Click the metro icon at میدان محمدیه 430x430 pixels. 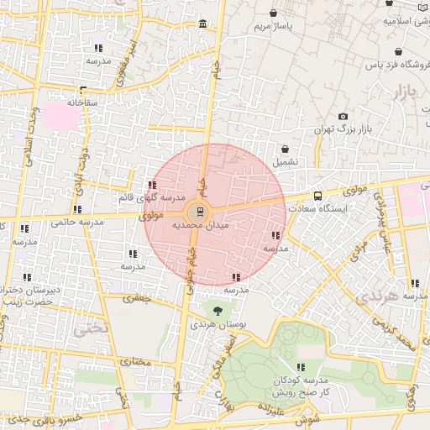tap(199, 210)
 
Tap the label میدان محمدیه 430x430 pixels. tap(201, 226)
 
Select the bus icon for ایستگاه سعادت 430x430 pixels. tap(316, 195)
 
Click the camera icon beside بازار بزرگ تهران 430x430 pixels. tap(343, 116)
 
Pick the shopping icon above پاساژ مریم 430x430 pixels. tap(275, 13)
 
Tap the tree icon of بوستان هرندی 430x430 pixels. tap(218, 311)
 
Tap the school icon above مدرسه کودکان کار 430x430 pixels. tap(301, 367)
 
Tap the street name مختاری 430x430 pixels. tap(135, 362)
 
